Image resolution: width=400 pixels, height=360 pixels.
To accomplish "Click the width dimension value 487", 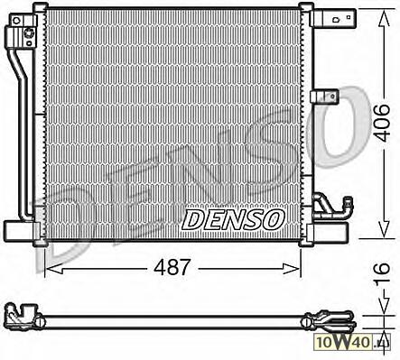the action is point(172,267).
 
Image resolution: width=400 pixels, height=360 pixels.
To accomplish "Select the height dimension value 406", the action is point(384,123).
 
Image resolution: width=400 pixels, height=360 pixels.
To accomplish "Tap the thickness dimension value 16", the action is point(383,272).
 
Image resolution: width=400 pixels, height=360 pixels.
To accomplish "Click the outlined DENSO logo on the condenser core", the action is point(233,220).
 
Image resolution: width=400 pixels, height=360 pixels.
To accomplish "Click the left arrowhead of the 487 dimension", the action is point(54,268).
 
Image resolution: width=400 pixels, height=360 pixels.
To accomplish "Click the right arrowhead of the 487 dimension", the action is point(292,268).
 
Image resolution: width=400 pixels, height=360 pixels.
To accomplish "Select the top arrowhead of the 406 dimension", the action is point(384,19).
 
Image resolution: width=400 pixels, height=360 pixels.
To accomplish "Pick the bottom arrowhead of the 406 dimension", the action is point(384,229).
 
